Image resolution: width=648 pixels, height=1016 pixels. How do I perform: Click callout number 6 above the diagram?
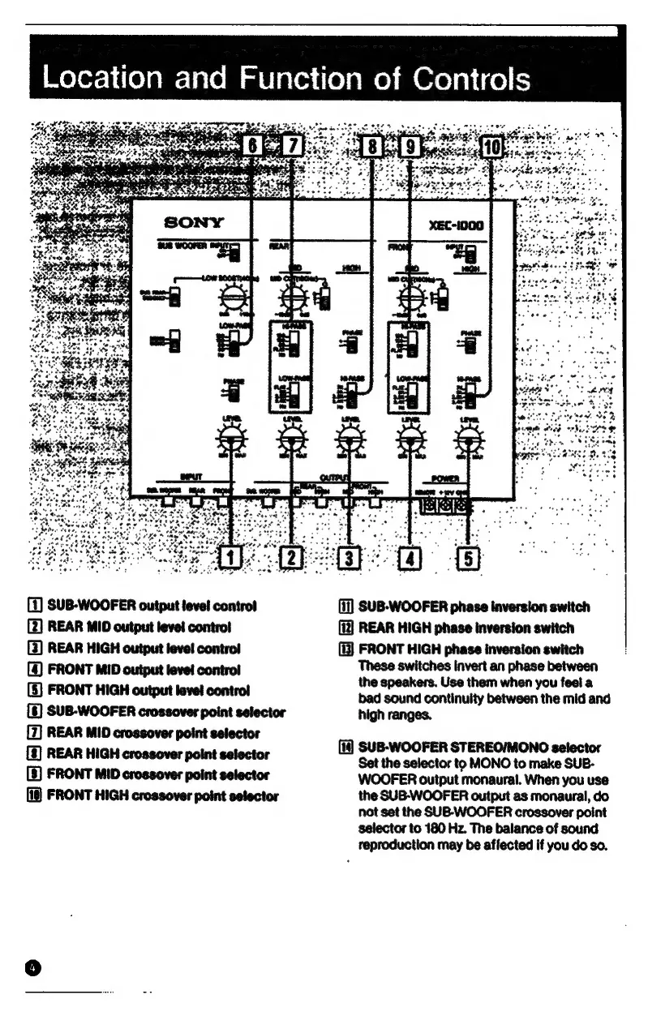(255, 148)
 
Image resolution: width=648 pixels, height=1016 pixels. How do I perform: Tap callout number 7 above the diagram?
(293, 148)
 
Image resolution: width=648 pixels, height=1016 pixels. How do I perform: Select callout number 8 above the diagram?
(372, 148)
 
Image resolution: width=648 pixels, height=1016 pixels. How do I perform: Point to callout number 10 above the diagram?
(493, 148)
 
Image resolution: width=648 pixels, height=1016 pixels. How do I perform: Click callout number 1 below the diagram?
(231, 558)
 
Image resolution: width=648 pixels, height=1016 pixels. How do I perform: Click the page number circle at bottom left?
(32, 967)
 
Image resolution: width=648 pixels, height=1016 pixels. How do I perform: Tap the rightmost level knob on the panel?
(468, 442)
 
